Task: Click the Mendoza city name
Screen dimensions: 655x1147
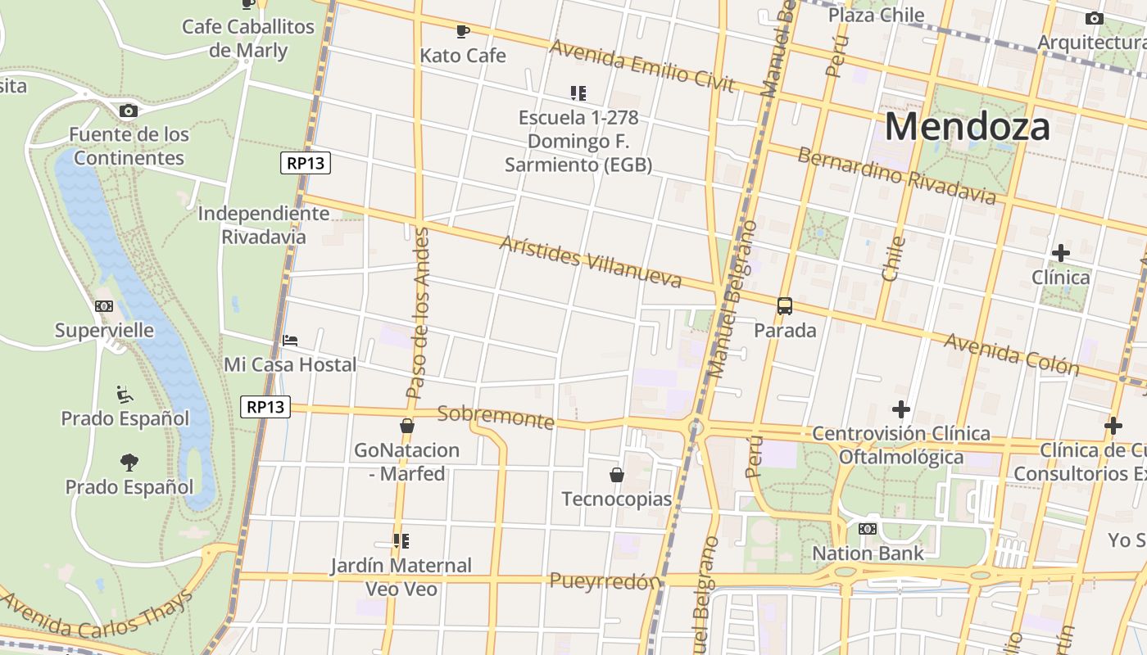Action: tap(967, 127)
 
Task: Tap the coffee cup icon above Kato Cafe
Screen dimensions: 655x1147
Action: tap(463, 32)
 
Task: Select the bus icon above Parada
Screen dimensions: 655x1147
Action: tap(784, 307)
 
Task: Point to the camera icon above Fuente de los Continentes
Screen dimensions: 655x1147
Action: tap(128, 111)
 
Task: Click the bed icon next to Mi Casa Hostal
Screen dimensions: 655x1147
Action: tap(290, 341)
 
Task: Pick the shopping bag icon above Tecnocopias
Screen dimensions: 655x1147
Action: tap(616, 475)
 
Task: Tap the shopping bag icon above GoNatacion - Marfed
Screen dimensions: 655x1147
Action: tap(406, 426)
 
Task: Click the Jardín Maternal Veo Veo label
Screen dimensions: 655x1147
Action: tap(401, 576)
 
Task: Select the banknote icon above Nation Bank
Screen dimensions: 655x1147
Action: tap(867, 529)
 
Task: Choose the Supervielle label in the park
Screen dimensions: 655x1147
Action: tap(104, 331)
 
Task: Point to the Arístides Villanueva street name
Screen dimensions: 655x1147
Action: tap(590, 262)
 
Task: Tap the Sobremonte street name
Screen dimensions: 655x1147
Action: tap(496, 417)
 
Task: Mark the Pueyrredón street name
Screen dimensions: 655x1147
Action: tap(605, 581)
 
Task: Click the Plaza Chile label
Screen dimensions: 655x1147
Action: tap(876, 15)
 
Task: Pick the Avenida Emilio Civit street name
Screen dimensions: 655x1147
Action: tap(643, 66)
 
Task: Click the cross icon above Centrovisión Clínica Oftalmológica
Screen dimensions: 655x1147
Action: tap(901, 409)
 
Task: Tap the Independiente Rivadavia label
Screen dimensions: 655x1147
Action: tap(264, 225)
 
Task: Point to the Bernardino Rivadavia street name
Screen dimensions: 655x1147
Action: tap(896, 176)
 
